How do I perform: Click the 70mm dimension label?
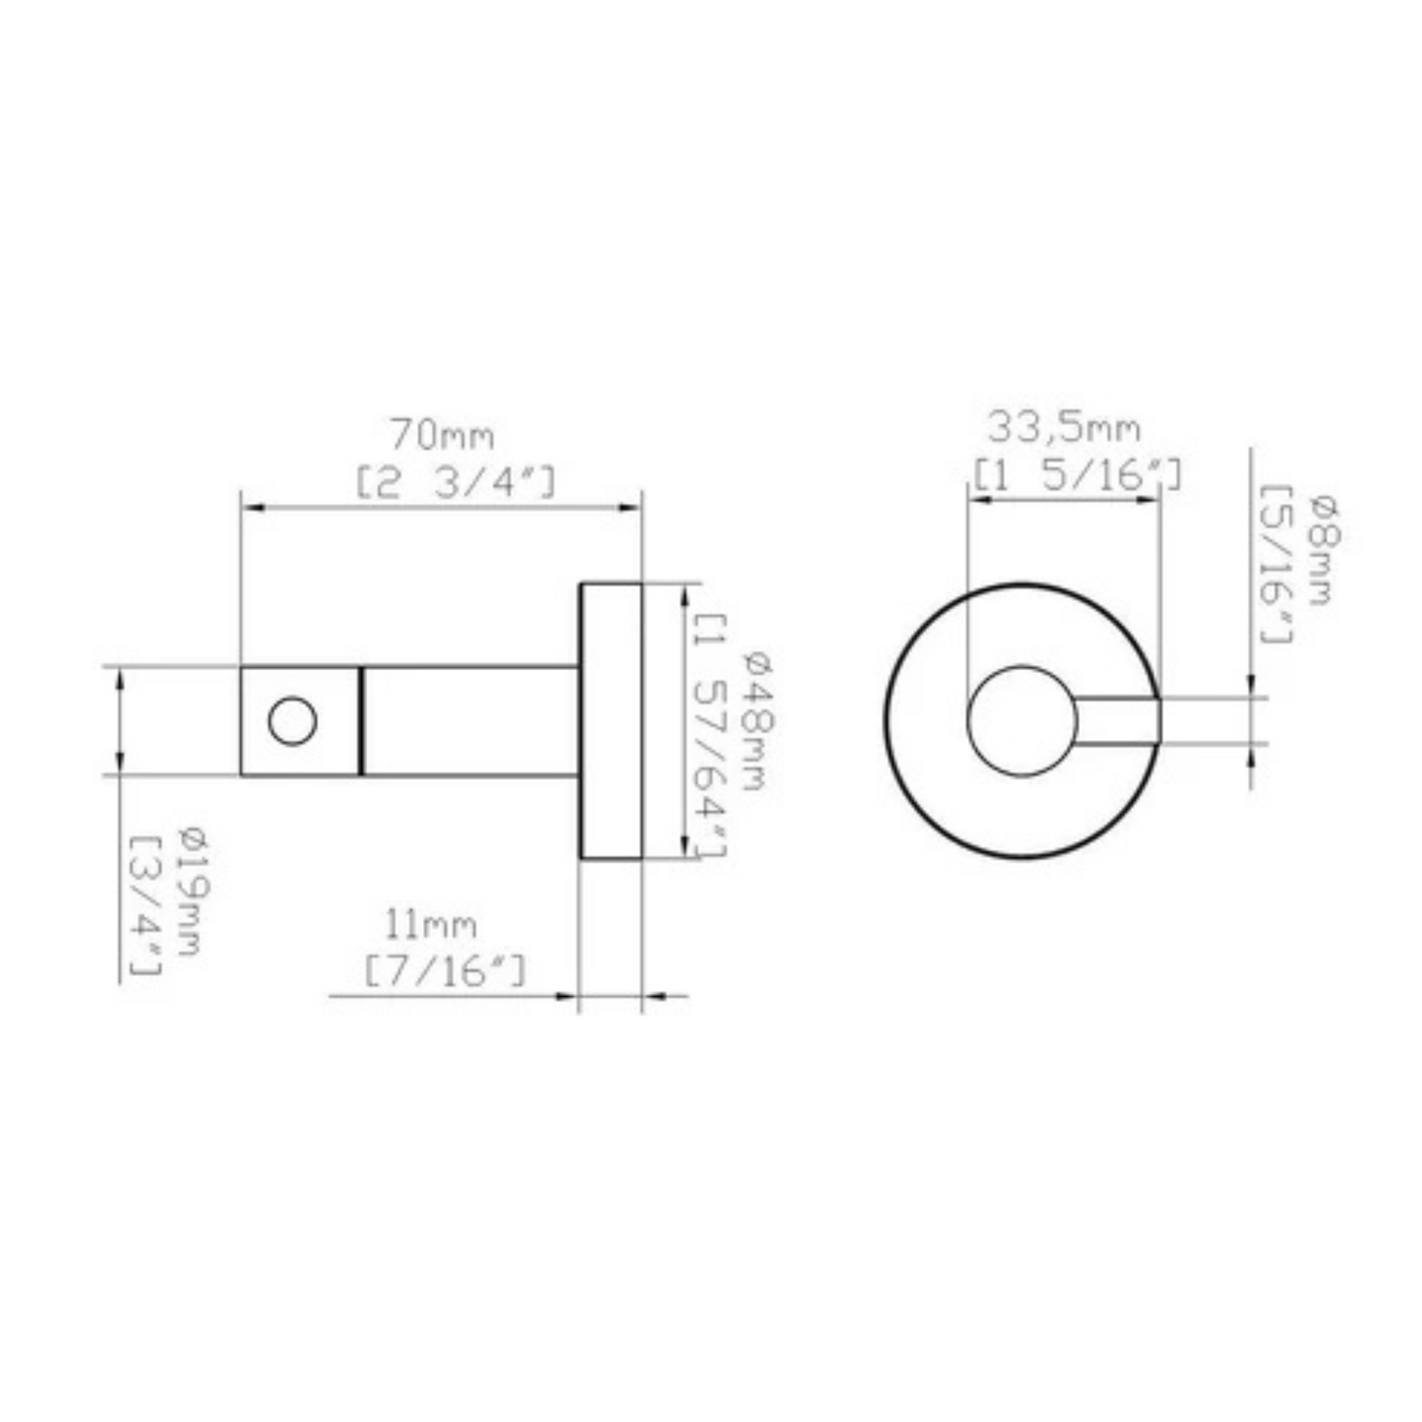(442, 434)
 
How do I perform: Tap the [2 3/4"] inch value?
(456, 483)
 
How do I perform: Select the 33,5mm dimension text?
(1064, 429)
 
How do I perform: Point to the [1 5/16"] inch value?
(1078, 475)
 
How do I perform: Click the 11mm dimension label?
(431, 925)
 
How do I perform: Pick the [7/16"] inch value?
(445, 972)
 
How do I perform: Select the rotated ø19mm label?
(190, 894)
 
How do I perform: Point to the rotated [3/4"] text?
(146, 905)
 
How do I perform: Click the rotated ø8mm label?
(1322, 551)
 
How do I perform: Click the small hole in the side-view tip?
(292, 721)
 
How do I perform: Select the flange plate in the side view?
(610, 721)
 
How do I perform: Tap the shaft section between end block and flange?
(469, 721)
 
